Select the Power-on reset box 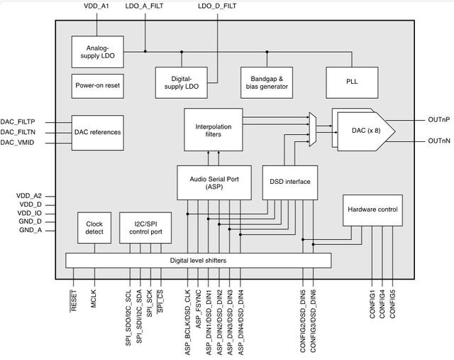pyautogui.click(x=98, y=85)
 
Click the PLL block pyautogui.click(x=352, y=82)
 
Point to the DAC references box pyautogui.click(x=98, y=132)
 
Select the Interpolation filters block pyautogui.click(x=213, y=129)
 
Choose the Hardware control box pyautogui.click(x=373, y=209)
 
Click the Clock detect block pyautogui.click(x=94, y=227)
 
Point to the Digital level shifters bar pyautogui.click(x=198, y=261)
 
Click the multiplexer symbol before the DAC pyautogui.click(x=312, y=129)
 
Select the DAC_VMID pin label pyautogui.click(x=17, y=143)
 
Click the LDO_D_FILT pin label pyautogui.click(x=216, y=6)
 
